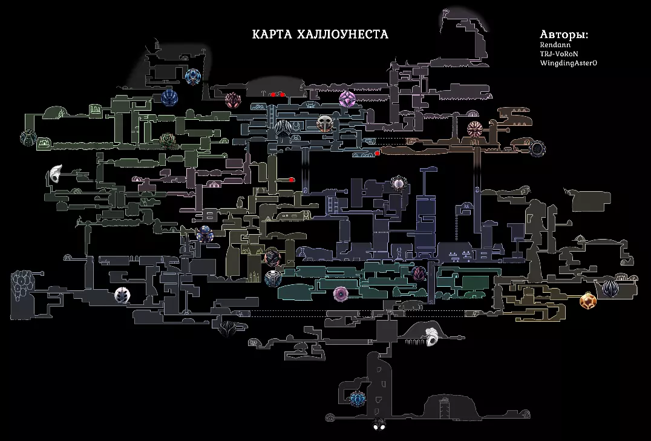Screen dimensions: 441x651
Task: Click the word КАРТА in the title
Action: tap(272, 34)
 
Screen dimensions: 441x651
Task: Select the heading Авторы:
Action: tap(564, 34)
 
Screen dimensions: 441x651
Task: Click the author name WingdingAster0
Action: tap(568, 63)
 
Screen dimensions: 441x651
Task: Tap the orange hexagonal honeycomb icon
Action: tap(586, 301)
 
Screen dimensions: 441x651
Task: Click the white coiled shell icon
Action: tap(433, 338)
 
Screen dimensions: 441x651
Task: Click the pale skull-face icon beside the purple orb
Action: tap(325, 124)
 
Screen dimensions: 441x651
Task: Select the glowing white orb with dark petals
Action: tap(399, 183)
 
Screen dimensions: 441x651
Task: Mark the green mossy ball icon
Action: tap(168, 141)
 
